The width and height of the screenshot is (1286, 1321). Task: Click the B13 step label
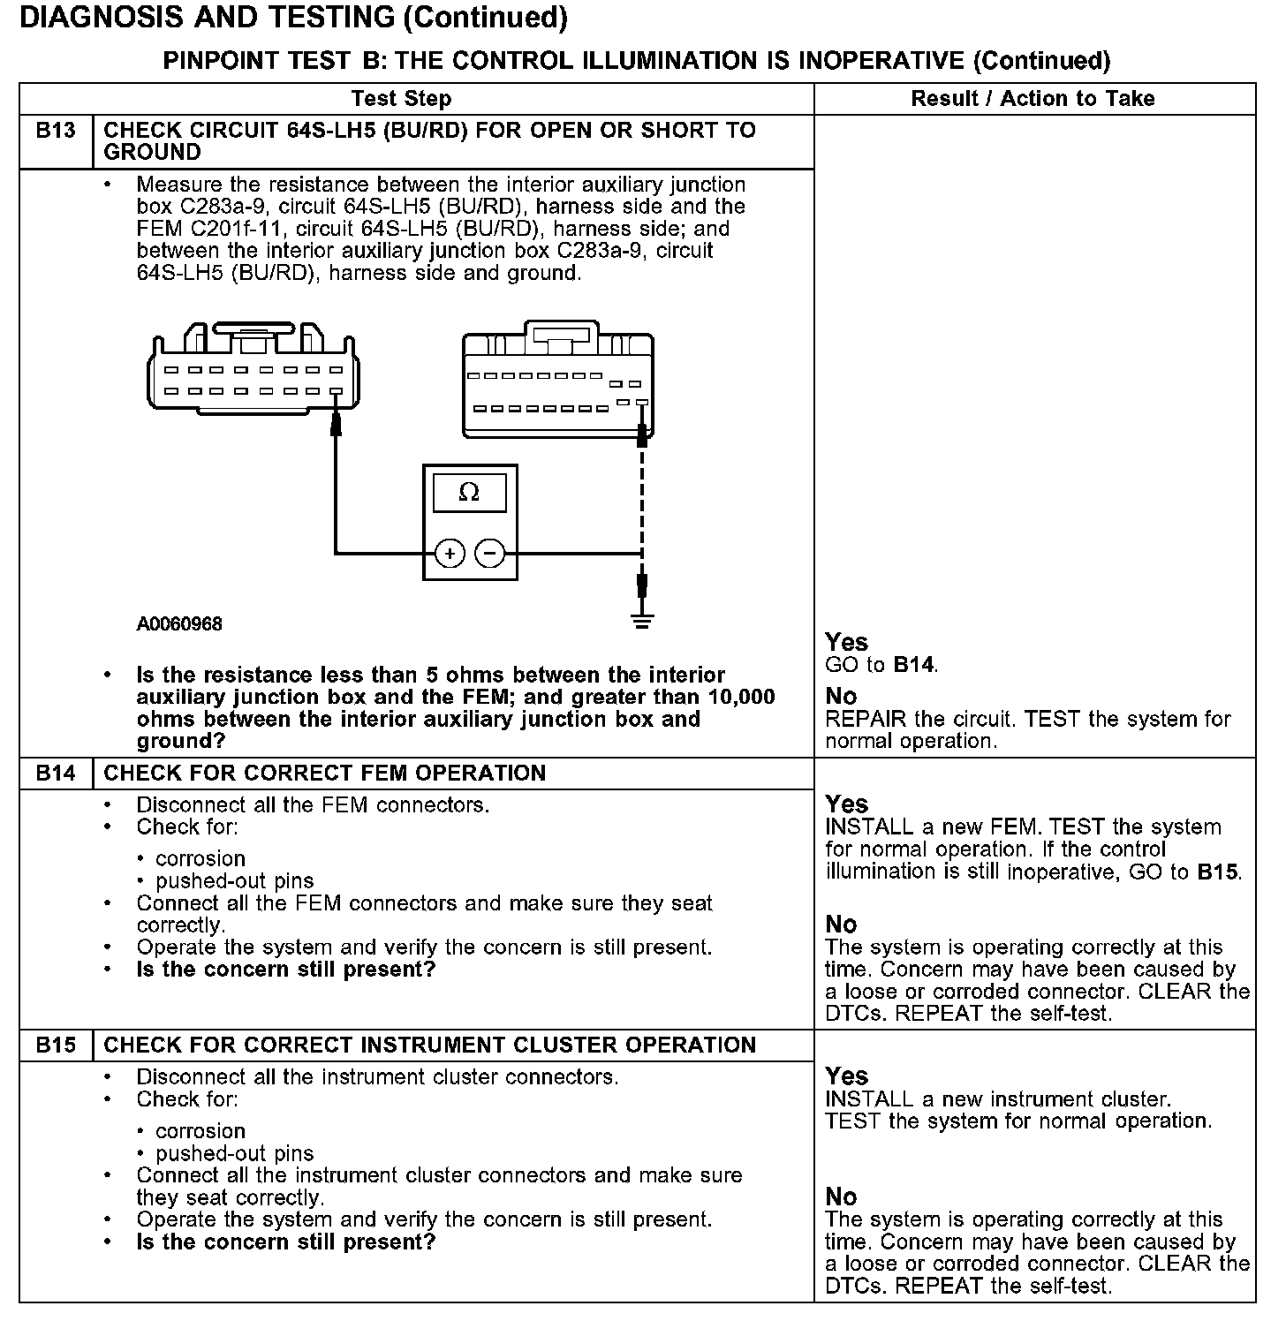click(x=56, y=131)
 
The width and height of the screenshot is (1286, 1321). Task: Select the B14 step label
click(x=56, y=774)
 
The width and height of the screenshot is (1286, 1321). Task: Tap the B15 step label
click(x=56, y=1045)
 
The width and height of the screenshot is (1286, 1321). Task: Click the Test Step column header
click(x=401, y=99)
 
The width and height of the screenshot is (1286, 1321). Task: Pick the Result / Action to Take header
click(x=1033, y=99)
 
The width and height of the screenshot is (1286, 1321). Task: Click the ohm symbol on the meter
click(x=469, y=493)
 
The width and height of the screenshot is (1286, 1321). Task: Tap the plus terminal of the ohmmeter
click(x=450, y=554)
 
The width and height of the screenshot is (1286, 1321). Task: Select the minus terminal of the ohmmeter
click(x=490, y=554)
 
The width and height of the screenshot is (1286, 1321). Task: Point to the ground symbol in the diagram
click(x=643, y=621)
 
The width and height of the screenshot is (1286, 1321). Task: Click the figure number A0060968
click(x=179, y=624)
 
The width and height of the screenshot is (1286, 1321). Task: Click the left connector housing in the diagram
click(x=253, y=375)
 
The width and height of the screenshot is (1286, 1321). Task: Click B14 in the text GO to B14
click(x=914, y=665)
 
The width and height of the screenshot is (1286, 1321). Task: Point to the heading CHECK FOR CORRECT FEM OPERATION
click(x=325, y=774)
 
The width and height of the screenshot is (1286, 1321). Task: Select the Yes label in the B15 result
click(x=846, y=1076)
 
